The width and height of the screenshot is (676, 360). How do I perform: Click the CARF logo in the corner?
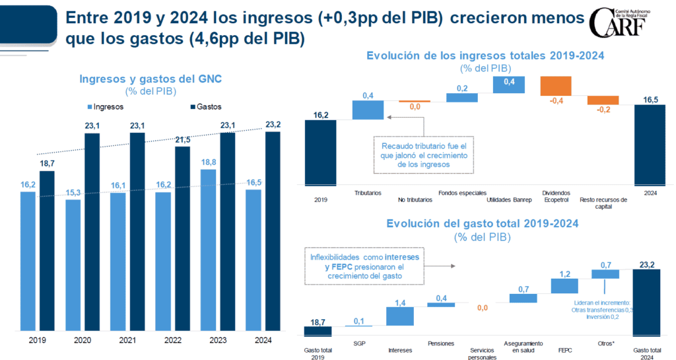626,24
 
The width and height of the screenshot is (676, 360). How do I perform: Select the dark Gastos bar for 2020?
92,231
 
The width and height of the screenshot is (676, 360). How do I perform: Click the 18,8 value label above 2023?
207,162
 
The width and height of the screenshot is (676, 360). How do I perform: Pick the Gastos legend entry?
205,106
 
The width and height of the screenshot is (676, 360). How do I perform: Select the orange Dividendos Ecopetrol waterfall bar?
556,87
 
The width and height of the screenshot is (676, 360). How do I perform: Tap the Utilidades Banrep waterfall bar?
508,84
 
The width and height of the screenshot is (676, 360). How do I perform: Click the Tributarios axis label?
368,193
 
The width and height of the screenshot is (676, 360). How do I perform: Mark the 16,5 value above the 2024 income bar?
650,98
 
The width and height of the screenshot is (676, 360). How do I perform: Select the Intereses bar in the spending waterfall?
401,316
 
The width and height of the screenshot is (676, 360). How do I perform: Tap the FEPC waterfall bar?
564,285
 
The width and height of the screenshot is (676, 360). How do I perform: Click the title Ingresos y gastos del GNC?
151,79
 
